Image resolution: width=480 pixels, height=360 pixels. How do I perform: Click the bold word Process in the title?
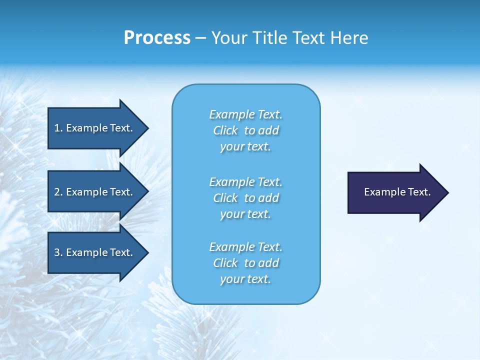point(157,38)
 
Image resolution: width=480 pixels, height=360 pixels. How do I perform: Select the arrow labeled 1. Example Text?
point(95,128)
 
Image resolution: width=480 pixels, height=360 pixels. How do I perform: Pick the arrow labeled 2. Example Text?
point(95,192)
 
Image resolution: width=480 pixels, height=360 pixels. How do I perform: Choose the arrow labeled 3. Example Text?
point(95,252)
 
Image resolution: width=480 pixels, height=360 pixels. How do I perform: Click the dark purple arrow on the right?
point(395,192)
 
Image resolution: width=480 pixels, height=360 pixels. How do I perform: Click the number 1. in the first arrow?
point(58,128)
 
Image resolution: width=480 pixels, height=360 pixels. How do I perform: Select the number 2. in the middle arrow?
point(58,192)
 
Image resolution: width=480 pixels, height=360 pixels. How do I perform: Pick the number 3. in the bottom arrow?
point(58,252)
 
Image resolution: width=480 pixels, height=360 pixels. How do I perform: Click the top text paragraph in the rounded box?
point(245,130)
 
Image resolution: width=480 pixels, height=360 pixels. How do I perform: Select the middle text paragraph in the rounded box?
point(245,198)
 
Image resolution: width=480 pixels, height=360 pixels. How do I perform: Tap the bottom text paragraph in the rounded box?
point(245,263)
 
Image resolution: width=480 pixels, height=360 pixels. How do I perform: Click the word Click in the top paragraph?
point(225,130)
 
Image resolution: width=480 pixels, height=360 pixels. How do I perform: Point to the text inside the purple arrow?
point(397,192)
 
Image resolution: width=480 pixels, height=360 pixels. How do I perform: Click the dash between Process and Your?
point(200,38)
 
